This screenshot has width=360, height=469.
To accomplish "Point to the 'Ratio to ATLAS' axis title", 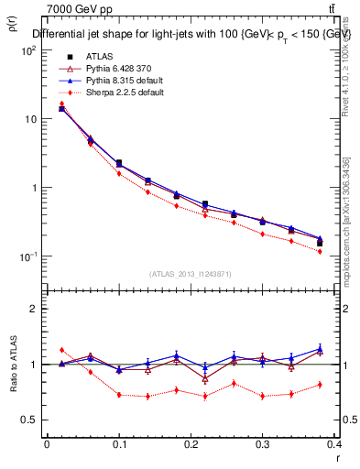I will pos(13,364).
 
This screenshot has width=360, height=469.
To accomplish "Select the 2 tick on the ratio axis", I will pos(34,309).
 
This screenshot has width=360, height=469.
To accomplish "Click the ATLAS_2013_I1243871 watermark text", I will pos(191,274).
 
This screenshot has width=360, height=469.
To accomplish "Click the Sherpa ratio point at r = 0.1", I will pos(119,395).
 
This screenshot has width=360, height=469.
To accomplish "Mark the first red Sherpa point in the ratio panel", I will pos(61,350).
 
